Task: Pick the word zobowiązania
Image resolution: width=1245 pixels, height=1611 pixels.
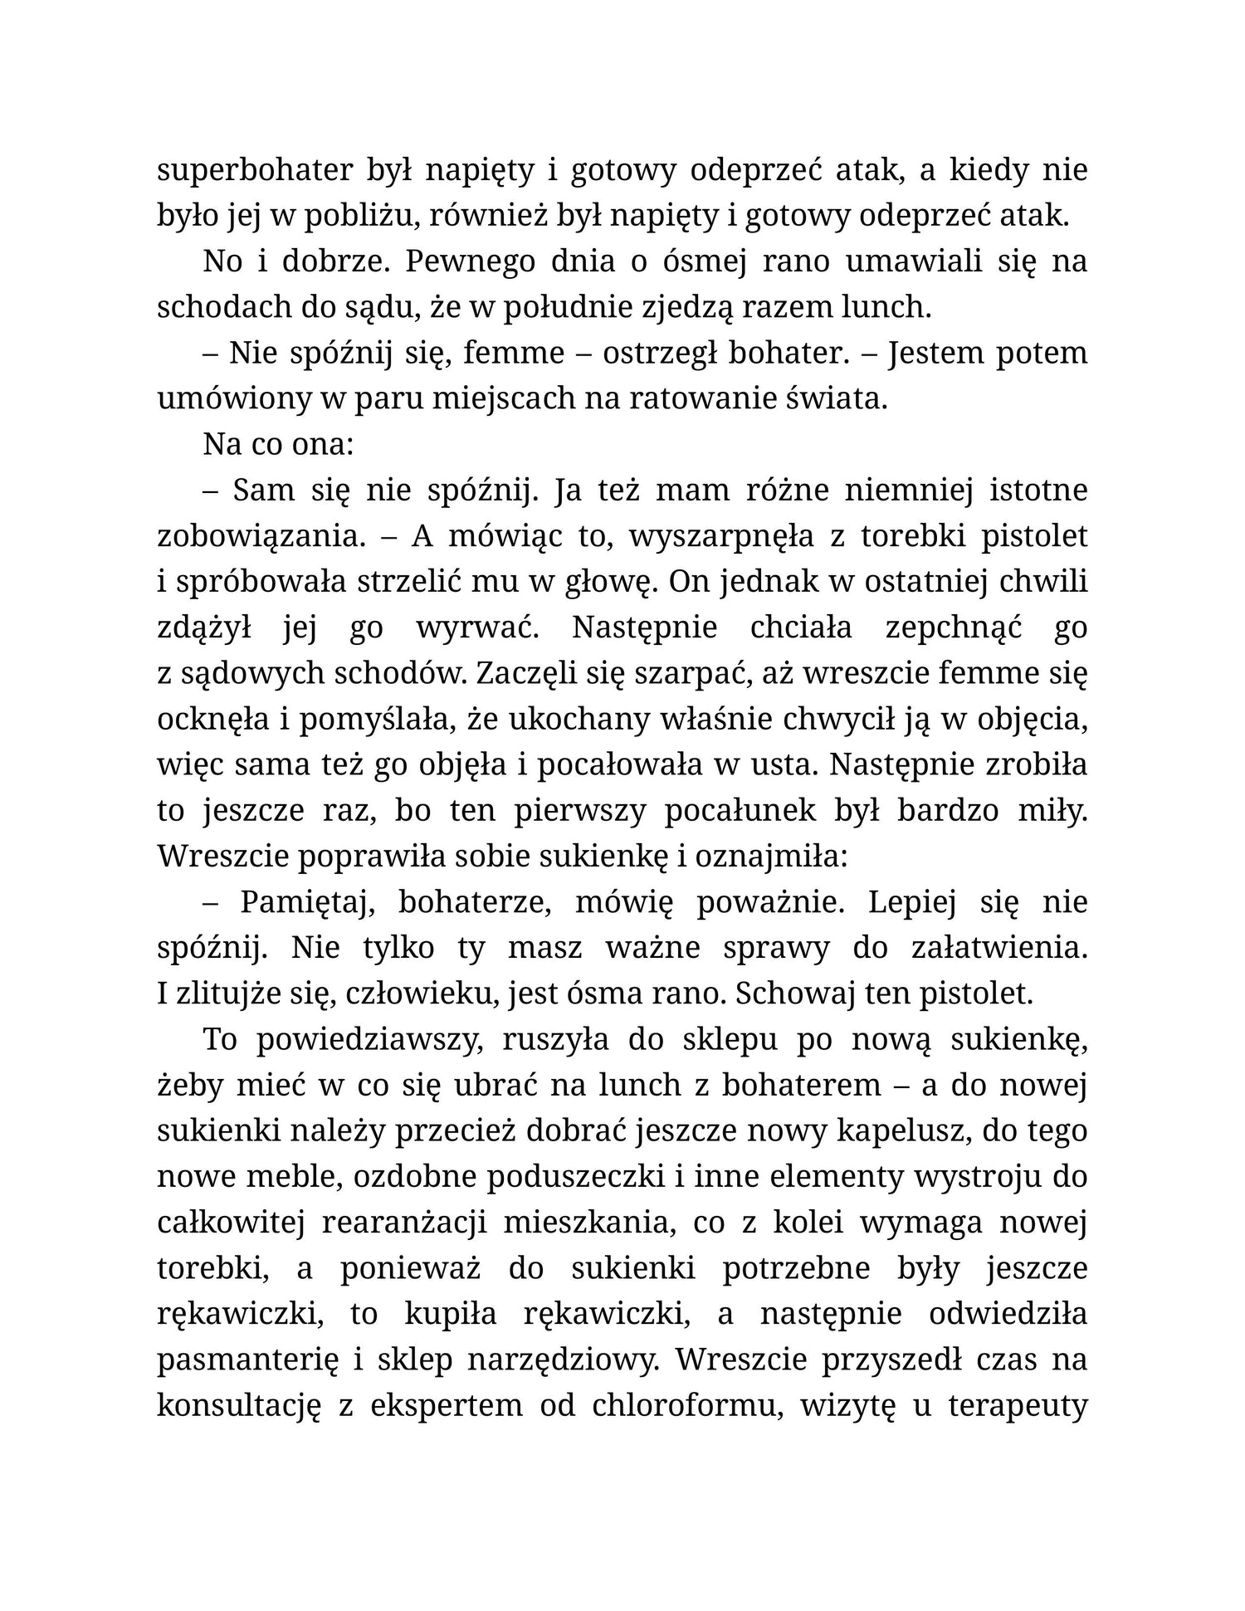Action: pyautogui.click(x=261, y=536)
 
